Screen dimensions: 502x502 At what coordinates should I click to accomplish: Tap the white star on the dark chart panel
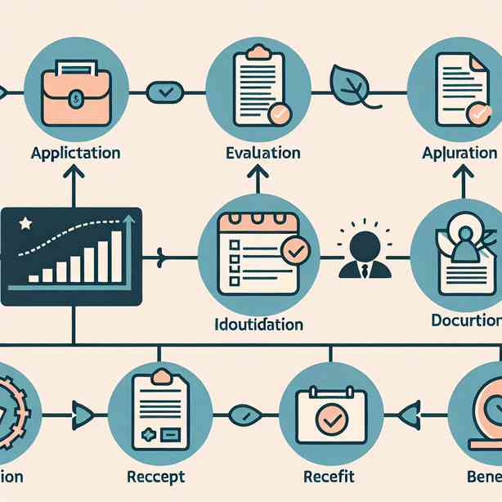[26, 222]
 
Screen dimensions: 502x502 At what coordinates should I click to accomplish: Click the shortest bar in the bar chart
[35, 278]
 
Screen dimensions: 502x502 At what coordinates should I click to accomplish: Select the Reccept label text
[157, 477]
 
